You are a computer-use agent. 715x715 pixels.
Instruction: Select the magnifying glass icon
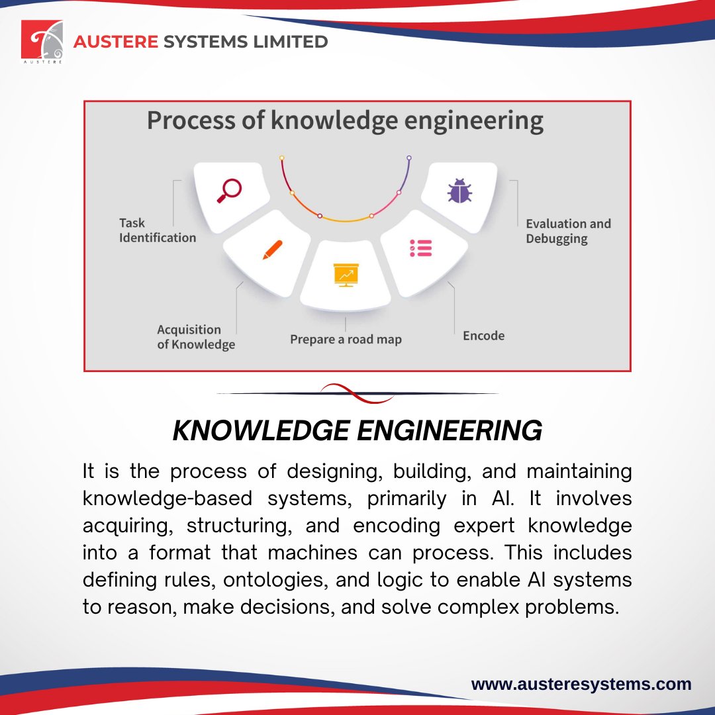(230, 191)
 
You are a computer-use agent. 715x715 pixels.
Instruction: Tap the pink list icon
(420, 248)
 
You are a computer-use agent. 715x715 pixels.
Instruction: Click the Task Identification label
(158, 230)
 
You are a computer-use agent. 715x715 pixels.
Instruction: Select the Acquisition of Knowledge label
(195, 337)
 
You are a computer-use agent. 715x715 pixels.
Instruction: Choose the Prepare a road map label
(346, 340)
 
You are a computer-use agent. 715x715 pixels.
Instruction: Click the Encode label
(483, 336)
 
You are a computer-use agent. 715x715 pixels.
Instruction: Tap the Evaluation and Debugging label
(568, 231)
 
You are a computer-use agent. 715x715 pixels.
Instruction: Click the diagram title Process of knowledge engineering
(345, 121)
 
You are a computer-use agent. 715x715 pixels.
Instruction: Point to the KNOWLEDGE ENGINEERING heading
(357, 431)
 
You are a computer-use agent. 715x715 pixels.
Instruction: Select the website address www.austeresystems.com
(581, 684)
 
